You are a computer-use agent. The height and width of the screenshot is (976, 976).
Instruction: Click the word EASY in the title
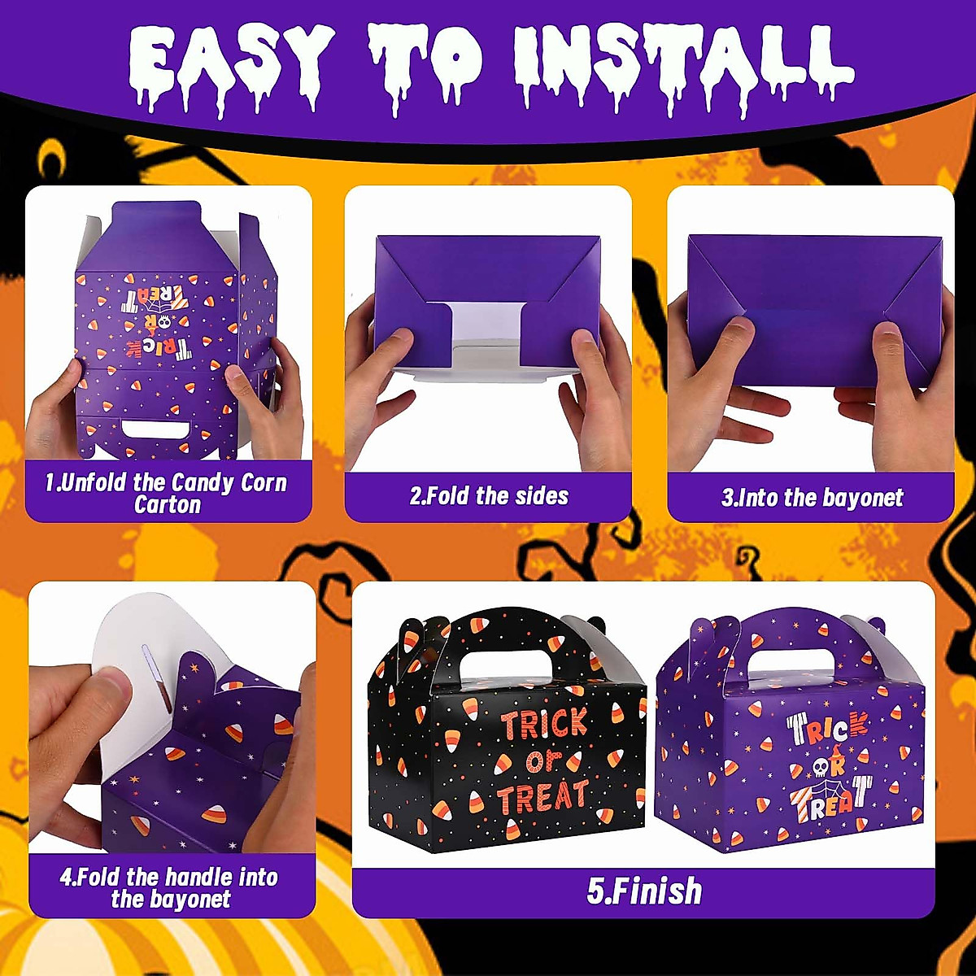tap(231, 61)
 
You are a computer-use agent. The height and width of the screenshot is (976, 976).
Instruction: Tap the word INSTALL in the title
tap(683, 61)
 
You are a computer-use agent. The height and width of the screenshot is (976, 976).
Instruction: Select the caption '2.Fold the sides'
tap(489, 496)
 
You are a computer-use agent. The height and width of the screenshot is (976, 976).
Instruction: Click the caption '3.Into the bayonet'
tap(812, 498)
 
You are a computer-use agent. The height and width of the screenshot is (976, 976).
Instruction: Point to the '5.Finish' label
tap(644, 891)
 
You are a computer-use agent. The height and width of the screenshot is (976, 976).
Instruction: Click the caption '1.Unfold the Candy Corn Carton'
tap(167, 494)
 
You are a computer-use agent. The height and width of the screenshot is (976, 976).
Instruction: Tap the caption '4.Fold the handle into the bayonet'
tap(169, 888)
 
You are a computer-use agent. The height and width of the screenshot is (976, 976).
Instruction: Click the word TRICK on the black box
tap(543, 723)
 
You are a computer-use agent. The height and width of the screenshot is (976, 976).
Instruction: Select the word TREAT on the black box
tap(543, 797)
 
